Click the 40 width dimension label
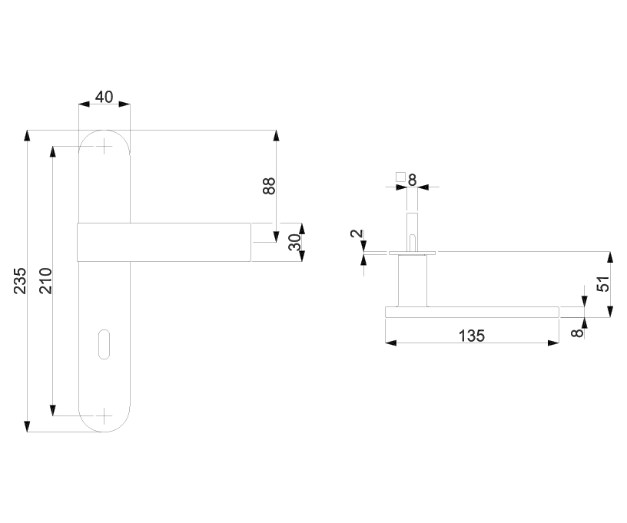coord(104,97)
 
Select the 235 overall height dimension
coord(20,281)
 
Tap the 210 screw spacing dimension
coord(45,281)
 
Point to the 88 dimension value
coord(269,186)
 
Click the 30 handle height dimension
coord(295,242)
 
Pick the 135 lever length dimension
coord(472,336)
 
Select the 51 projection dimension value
coord(603,283)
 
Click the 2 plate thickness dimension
coord(357,233)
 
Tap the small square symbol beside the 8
coord(400,176)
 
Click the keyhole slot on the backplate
coord(104,343)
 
